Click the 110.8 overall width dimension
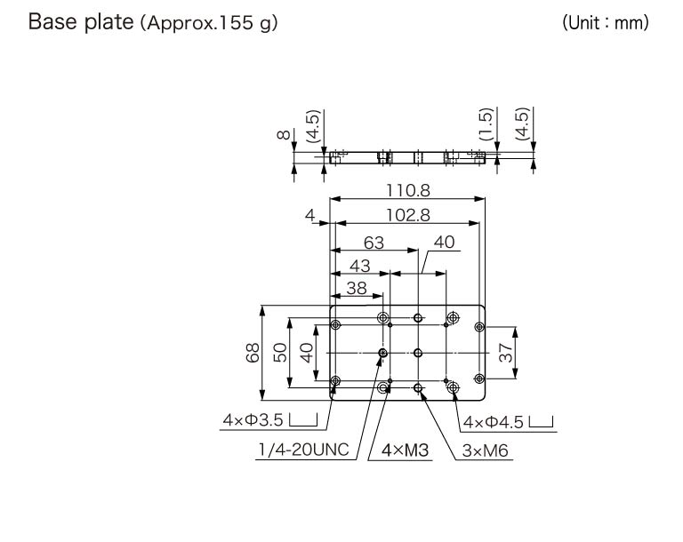tap(408, 189)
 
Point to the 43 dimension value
tap(360, 265)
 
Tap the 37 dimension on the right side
tap(505, 353)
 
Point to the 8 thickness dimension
tap(284, 135)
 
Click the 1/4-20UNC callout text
tap(297, 450)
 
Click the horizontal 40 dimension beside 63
tap(444, 242)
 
